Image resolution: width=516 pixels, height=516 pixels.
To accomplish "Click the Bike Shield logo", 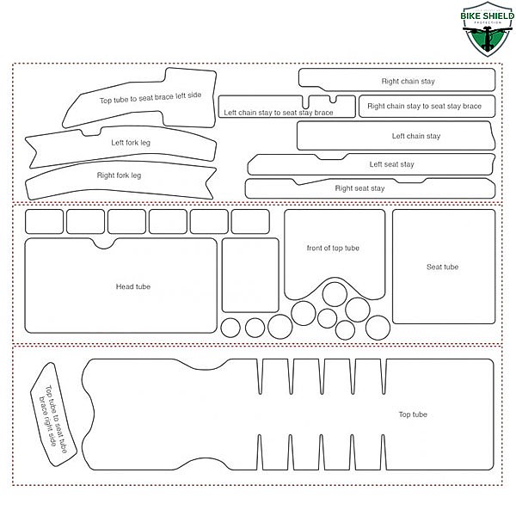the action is (488, 29).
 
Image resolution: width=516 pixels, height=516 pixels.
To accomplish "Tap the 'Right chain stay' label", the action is (408, 82).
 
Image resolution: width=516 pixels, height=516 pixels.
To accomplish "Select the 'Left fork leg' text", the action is (131, 143).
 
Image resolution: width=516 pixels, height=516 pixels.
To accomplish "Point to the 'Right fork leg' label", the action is (119, 175).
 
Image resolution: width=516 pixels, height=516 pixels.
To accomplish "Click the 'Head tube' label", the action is (133, 286).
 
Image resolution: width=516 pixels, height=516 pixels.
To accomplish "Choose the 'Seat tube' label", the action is (442, 267).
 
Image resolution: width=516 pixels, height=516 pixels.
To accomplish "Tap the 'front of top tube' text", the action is (333, 248).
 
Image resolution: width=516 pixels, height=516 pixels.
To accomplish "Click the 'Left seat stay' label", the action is (391, 164).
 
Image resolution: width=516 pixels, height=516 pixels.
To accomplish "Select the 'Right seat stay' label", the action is (359, 188).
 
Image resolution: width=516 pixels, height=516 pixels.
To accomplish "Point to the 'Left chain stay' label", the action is (416, 136).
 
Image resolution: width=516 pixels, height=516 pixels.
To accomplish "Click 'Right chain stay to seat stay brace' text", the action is (424, 106).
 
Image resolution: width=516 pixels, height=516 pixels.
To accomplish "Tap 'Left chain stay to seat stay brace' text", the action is (279, 113).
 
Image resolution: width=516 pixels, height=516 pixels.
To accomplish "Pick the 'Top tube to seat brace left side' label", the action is (150, 97).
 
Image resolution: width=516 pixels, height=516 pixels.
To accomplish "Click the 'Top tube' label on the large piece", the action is (413, 415).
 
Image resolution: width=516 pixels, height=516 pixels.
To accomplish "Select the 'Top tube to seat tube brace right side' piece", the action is (53, 415).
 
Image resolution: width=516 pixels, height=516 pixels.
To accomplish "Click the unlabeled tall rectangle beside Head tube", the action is (250, 275).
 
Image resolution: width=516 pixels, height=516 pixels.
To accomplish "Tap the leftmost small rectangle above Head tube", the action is (44, 222).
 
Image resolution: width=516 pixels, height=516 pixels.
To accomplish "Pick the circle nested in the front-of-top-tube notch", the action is (335, 294).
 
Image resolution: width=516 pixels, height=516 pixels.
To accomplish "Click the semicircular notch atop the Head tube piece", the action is (104, 244).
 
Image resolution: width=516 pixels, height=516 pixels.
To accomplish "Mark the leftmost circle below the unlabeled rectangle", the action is (230, 328).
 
